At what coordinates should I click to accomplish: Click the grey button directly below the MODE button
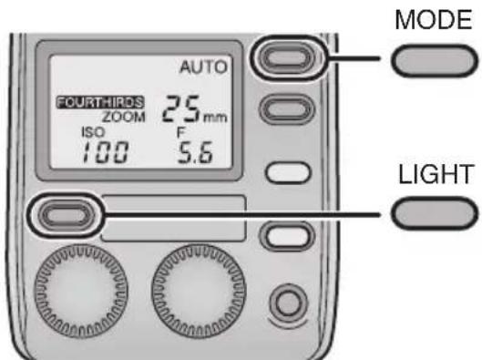[282, 110]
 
